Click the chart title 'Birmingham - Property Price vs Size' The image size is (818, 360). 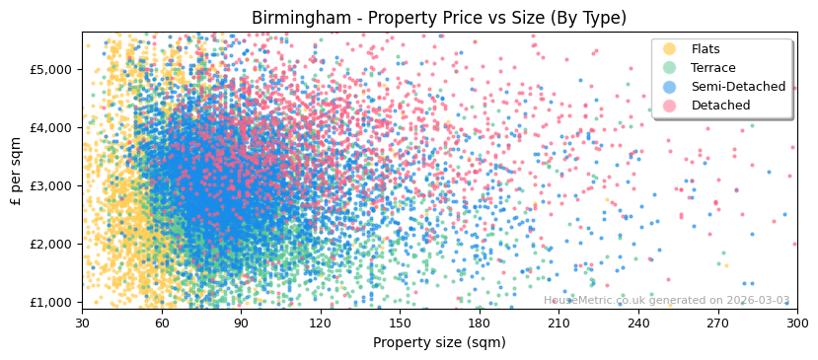coord(438,18)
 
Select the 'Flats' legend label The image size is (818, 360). coord(706,49)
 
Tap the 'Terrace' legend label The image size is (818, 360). coord(713,68)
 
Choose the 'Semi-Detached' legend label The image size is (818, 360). coord(738,87)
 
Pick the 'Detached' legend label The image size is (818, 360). coord(720,106)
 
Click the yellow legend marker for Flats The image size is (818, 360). coord(670,49)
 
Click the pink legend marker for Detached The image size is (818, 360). coord(670,106)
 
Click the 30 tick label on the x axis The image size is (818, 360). coord(82,323)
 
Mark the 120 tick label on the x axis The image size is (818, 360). coord(320,323)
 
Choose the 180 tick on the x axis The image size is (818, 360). coord(480,323)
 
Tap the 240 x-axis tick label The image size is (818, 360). coord(638,323)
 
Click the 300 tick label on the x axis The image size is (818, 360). coord(796,323)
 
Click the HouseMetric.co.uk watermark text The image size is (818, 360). coord(666,300)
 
